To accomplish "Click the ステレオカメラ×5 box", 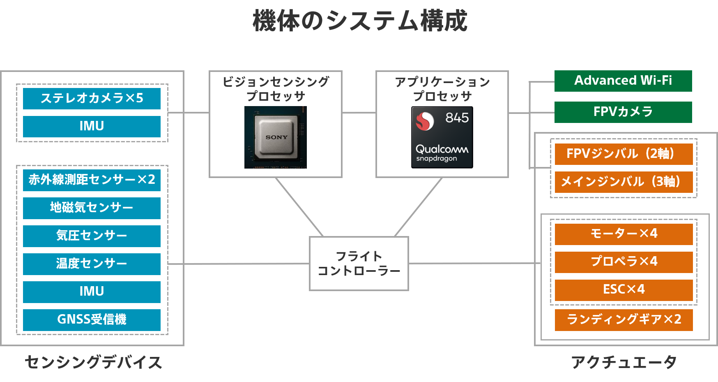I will point(92,98).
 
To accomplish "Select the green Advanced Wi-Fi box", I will point(623,81).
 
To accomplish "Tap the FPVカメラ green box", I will point(623,112).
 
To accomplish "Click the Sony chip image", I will point(276,137).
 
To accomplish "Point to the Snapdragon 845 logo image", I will point(442,137).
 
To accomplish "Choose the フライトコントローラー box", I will point(359,264).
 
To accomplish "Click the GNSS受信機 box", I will point(92,319).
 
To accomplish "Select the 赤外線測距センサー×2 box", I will point(92,180).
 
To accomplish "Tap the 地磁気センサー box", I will point(92,208).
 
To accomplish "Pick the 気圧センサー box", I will point(92,236).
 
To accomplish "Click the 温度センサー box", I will point(92,264).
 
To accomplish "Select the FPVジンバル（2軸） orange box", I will point(624,154).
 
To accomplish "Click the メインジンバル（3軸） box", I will point(624,182).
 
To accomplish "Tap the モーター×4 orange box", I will point(624,234).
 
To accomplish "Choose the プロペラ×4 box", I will point(624,262).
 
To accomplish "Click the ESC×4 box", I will point(624,289).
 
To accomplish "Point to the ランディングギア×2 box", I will point(624,319).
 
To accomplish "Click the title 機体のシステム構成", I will point(360,21).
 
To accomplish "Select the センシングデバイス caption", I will point(93,362).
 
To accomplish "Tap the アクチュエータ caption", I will point(624,362).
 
